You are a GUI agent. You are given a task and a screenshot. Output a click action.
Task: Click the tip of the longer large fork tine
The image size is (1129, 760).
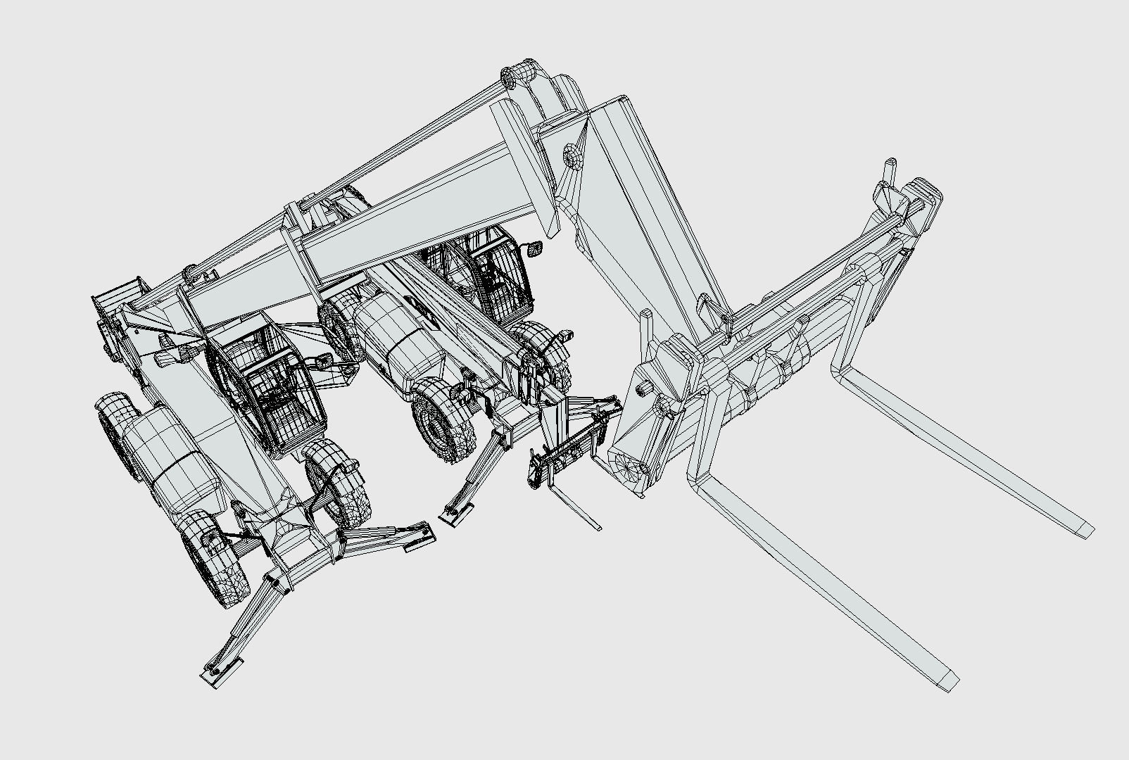[x=947, y=680]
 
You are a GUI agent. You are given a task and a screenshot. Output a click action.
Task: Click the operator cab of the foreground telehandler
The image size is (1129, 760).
[x=271, y=384]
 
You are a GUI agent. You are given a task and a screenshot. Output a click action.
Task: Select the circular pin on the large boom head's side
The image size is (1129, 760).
[x=573, y=155]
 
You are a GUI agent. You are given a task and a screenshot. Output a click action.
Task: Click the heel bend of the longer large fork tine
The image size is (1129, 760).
[x=704, y=482]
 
